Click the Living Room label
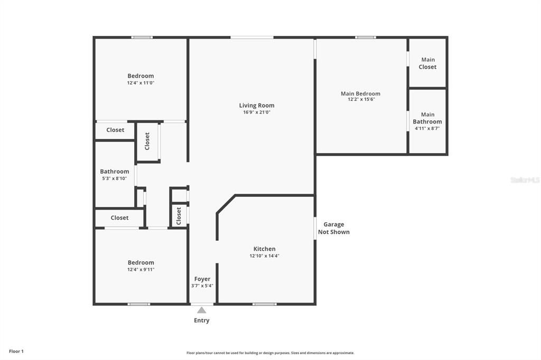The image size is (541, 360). pos(257,106)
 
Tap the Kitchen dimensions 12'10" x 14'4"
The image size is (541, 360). pos(264,256)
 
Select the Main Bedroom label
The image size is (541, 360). pos(360,93)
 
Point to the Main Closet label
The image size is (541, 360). pos(427,63)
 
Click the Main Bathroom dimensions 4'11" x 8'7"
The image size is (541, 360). pos(427,128)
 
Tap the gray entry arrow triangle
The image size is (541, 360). pos(202,310)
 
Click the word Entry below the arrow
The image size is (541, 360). pos(202,320)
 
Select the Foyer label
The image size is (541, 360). pos(202,279)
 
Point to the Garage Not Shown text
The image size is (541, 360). pos(333,228)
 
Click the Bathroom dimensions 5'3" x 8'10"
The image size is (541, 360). pos(114,178)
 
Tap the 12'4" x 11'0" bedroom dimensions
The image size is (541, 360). pos(141,83)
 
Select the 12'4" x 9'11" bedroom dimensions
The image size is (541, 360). pos(141,270)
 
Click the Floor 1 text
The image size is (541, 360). pos(16,351)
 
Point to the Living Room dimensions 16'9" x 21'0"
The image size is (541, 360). pos(257,112)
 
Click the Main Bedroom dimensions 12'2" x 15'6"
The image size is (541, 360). pos(361,99)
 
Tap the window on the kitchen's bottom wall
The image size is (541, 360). pos(264,304)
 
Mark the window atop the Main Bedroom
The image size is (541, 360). pos(365,37)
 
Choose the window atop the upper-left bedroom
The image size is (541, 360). pos(142,37)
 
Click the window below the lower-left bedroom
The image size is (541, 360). pos(139,304)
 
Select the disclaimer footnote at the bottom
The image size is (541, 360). pos(270,353)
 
